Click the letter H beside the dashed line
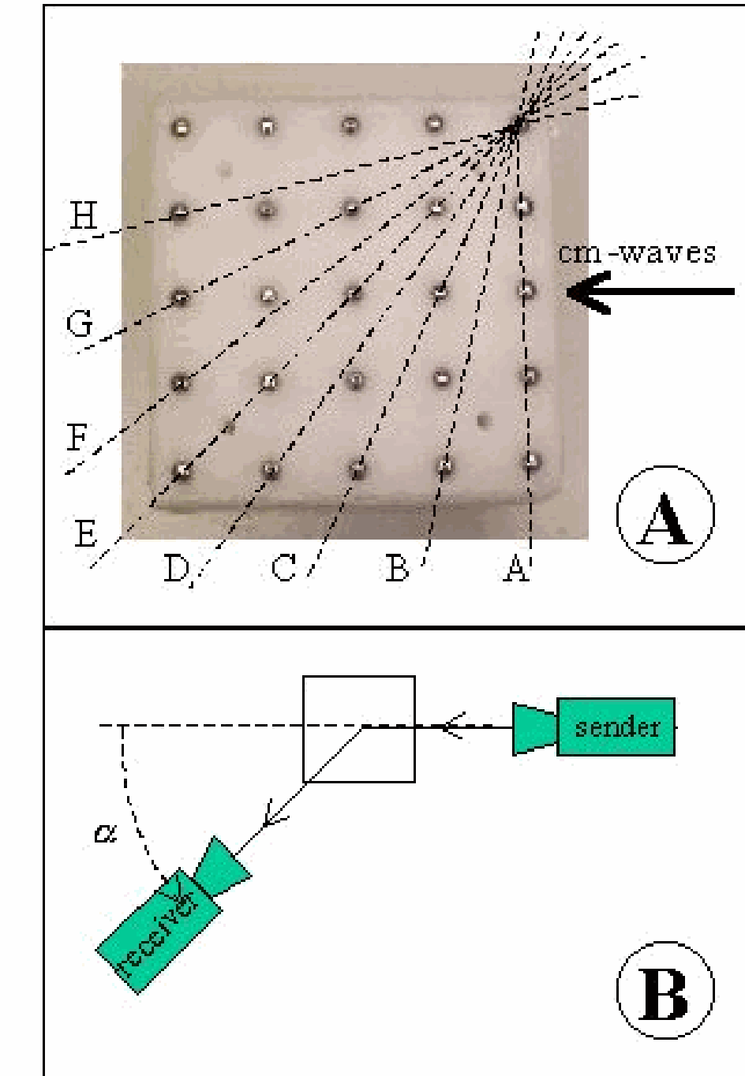[83, 215]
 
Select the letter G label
[79, 323]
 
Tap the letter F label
[77, 436]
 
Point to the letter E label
[85, 534]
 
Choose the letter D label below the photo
[175, 568]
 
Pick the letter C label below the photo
[283, 567]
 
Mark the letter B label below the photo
[397, 567]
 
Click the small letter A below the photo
[515, 567]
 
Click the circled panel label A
[665, 516]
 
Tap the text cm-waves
[637, 252]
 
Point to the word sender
[616, 727]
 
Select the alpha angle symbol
[103, 833]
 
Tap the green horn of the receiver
[223, 868]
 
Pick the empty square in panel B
[359, 728]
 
